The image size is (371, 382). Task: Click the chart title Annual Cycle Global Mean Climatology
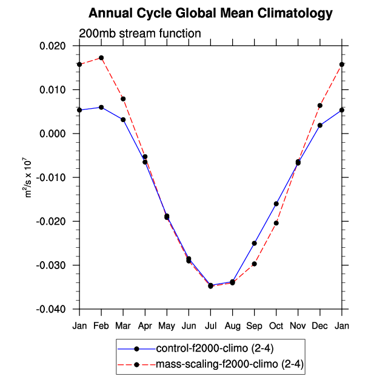click(210, 13)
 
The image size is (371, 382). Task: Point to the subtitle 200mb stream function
click(139, 33)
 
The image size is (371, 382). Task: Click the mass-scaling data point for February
click(101, 58)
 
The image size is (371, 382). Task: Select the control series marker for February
click(101, 107)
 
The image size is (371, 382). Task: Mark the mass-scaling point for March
click(123, 98)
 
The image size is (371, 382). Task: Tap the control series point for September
click(255, 243)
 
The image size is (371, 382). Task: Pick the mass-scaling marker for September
click(255, 264)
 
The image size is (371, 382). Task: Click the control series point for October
click(276, 203)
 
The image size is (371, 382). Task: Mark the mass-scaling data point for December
click(320, 106)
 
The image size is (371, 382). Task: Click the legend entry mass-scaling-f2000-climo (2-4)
click(212, 364)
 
